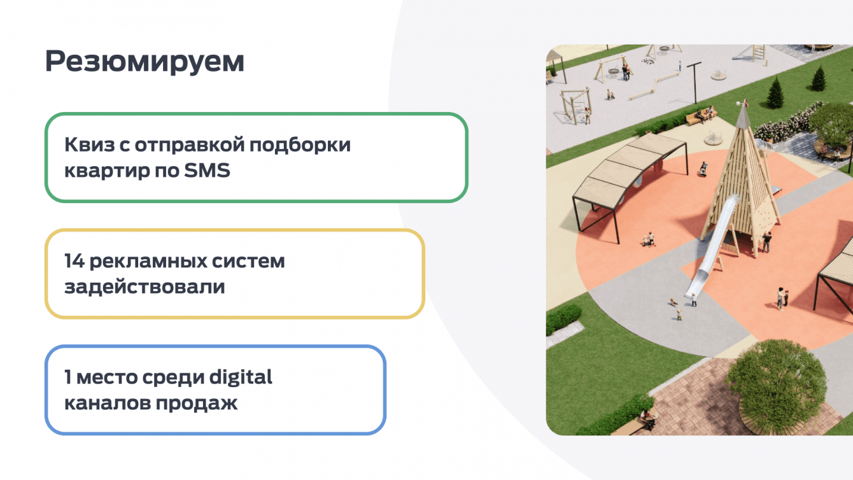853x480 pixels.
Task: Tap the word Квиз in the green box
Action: click(x=90, y=145)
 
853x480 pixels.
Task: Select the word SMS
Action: click(x=207, y=170)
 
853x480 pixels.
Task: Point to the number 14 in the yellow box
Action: click(x=74, y=261)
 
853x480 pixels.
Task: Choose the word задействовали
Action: click(x=145, y=287)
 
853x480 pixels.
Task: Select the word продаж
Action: click(x=196, y=404)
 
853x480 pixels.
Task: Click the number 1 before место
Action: click(x=67, y=377)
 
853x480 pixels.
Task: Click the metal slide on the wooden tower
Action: click(x=711, y=246)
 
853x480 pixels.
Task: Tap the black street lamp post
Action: click(x=695, y=83)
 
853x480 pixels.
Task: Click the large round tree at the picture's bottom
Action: click(x=777, y=385)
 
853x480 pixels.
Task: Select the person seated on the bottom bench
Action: click(x=648, y=419)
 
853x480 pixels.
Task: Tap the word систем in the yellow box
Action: click(x=248, y=262)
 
